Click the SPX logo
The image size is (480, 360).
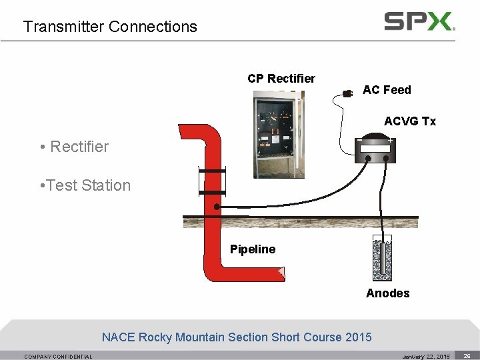419,21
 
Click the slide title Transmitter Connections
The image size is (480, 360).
110,27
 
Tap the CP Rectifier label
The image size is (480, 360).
281,79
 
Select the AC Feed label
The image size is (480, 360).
387,90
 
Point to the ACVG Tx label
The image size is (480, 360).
410,121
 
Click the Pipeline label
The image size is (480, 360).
253,249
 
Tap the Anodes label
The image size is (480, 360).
388,293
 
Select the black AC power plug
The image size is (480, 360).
346,93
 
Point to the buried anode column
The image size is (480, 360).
382,260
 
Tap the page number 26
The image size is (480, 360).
467,356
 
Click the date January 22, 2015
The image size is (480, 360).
426,357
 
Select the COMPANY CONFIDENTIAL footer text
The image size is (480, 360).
59,357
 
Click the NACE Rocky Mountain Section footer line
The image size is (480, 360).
237,337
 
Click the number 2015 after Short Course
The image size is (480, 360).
358,337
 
